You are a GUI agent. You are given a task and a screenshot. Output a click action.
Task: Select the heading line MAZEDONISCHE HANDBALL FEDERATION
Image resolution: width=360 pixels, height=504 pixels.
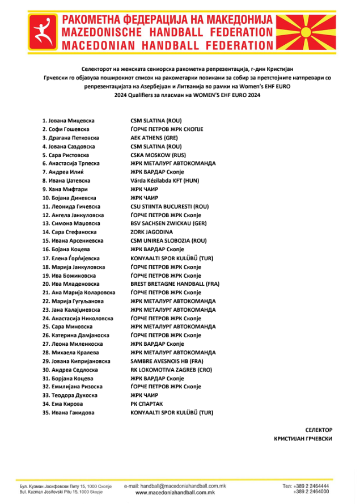tap(168, 32)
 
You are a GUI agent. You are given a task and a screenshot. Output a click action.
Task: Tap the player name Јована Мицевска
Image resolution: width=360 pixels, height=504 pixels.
tap(68, 121)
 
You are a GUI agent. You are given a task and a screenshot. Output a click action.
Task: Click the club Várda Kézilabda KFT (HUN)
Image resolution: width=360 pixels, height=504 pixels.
tap(164, 181)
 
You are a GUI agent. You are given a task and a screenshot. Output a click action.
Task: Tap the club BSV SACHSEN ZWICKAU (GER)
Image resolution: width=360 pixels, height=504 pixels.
tap(168, 223)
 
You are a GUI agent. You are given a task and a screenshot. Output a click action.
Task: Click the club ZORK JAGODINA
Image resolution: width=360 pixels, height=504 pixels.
tap(151, 232)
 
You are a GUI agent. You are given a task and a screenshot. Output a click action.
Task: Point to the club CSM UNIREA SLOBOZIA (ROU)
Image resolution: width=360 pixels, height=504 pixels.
tap(168, 240)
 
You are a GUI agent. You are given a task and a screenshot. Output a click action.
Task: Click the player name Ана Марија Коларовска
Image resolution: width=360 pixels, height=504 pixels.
tap(79, 293)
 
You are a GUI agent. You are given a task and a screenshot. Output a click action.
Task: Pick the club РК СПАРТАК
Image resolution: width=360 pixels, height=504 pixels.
tap(146, 404)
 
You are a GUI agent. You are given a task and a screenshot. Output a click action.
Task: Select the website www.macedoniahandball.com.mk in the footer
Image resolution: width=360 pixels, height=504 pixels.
tap(175, 493)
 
